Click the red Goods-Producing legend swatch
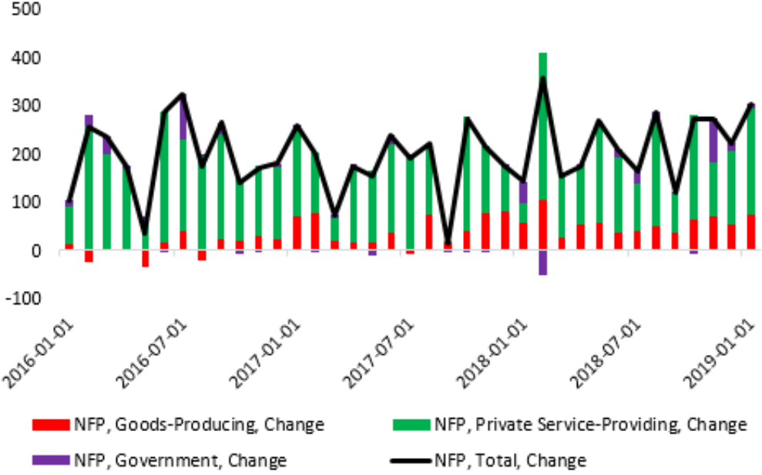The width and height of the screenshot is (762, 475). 50,424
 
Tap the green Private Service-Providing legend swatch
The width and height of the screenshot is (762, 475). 411,424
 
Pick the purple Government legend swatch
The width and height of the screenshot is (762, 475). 50,460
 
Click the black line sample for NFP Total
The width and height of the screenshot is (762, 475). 411,460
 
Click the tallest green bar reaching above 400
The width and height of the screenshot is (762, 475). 543,139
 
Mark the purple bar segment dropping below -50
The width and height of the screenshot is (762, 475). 543,263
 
